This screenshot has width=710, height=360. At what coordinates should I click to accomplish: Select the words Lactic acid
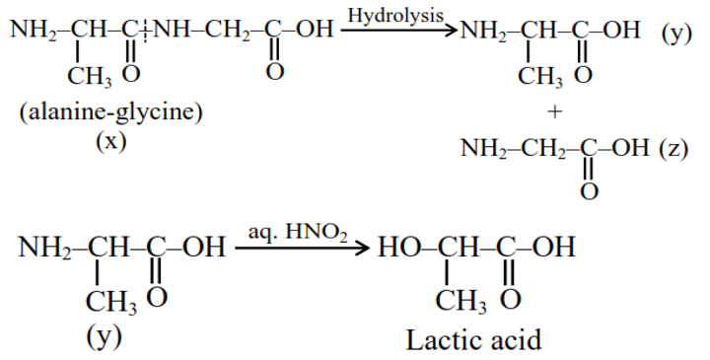(x=473, y=340)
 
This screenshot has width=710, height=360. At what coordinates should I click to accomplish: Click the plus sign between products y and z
(x=555, y=112)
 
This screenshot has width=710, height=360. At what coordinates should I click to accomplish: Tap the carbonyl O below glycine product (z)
(x=589, y=190)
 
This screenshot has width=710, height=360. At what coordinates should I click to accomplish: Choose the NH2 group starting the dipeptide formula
(x=32, y=31)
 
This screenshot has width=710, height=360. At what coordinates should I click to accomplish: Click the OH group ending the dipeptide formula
(x=315, y=31)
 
